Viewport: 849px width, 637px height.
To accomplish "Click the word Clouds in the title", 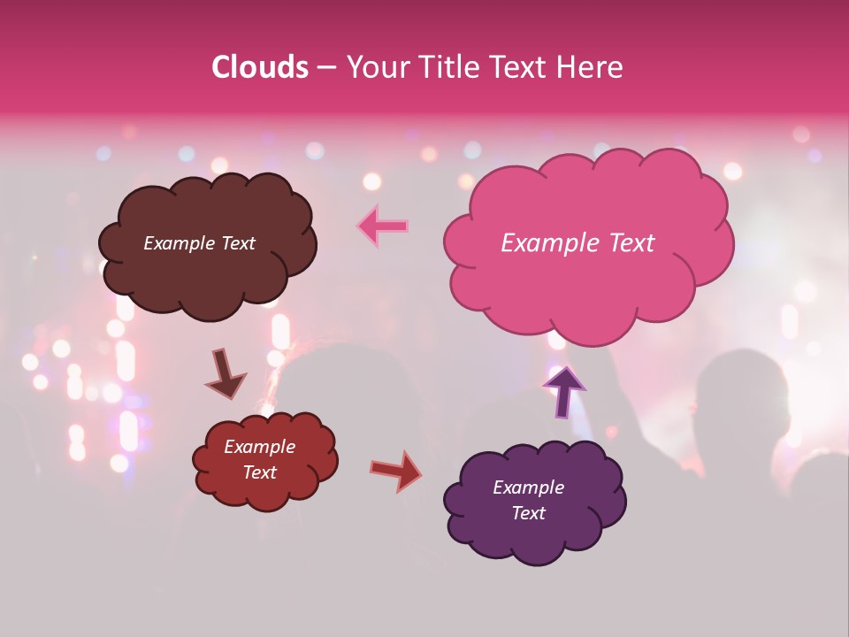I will [x=260, y=67].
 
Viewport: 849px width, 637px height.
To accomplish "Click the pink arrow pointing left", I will [x=383, y=226].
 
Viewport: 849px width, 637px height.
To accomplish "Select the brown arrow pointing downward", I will [x=225, y=374].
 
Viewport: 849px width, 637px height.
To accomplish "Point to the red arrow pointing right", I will [x=396, y=470].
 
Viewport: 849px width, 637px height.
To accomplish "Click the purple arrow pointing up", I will [x=563, y=389].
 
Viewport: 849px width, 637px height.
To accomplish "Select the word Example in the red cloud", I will [x=260, y=447].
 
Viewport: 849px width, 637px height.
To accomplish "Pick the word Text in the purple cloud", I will [x=528, y=513].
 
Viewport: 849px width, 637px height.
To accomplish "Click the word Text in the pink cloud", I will [x=631, y=243].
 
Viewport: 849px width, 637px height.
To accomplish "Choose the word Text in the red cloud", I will [x=260, y=472].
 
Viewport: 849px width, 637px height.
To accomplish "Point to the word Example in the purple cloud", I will [x=528, y=487].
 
